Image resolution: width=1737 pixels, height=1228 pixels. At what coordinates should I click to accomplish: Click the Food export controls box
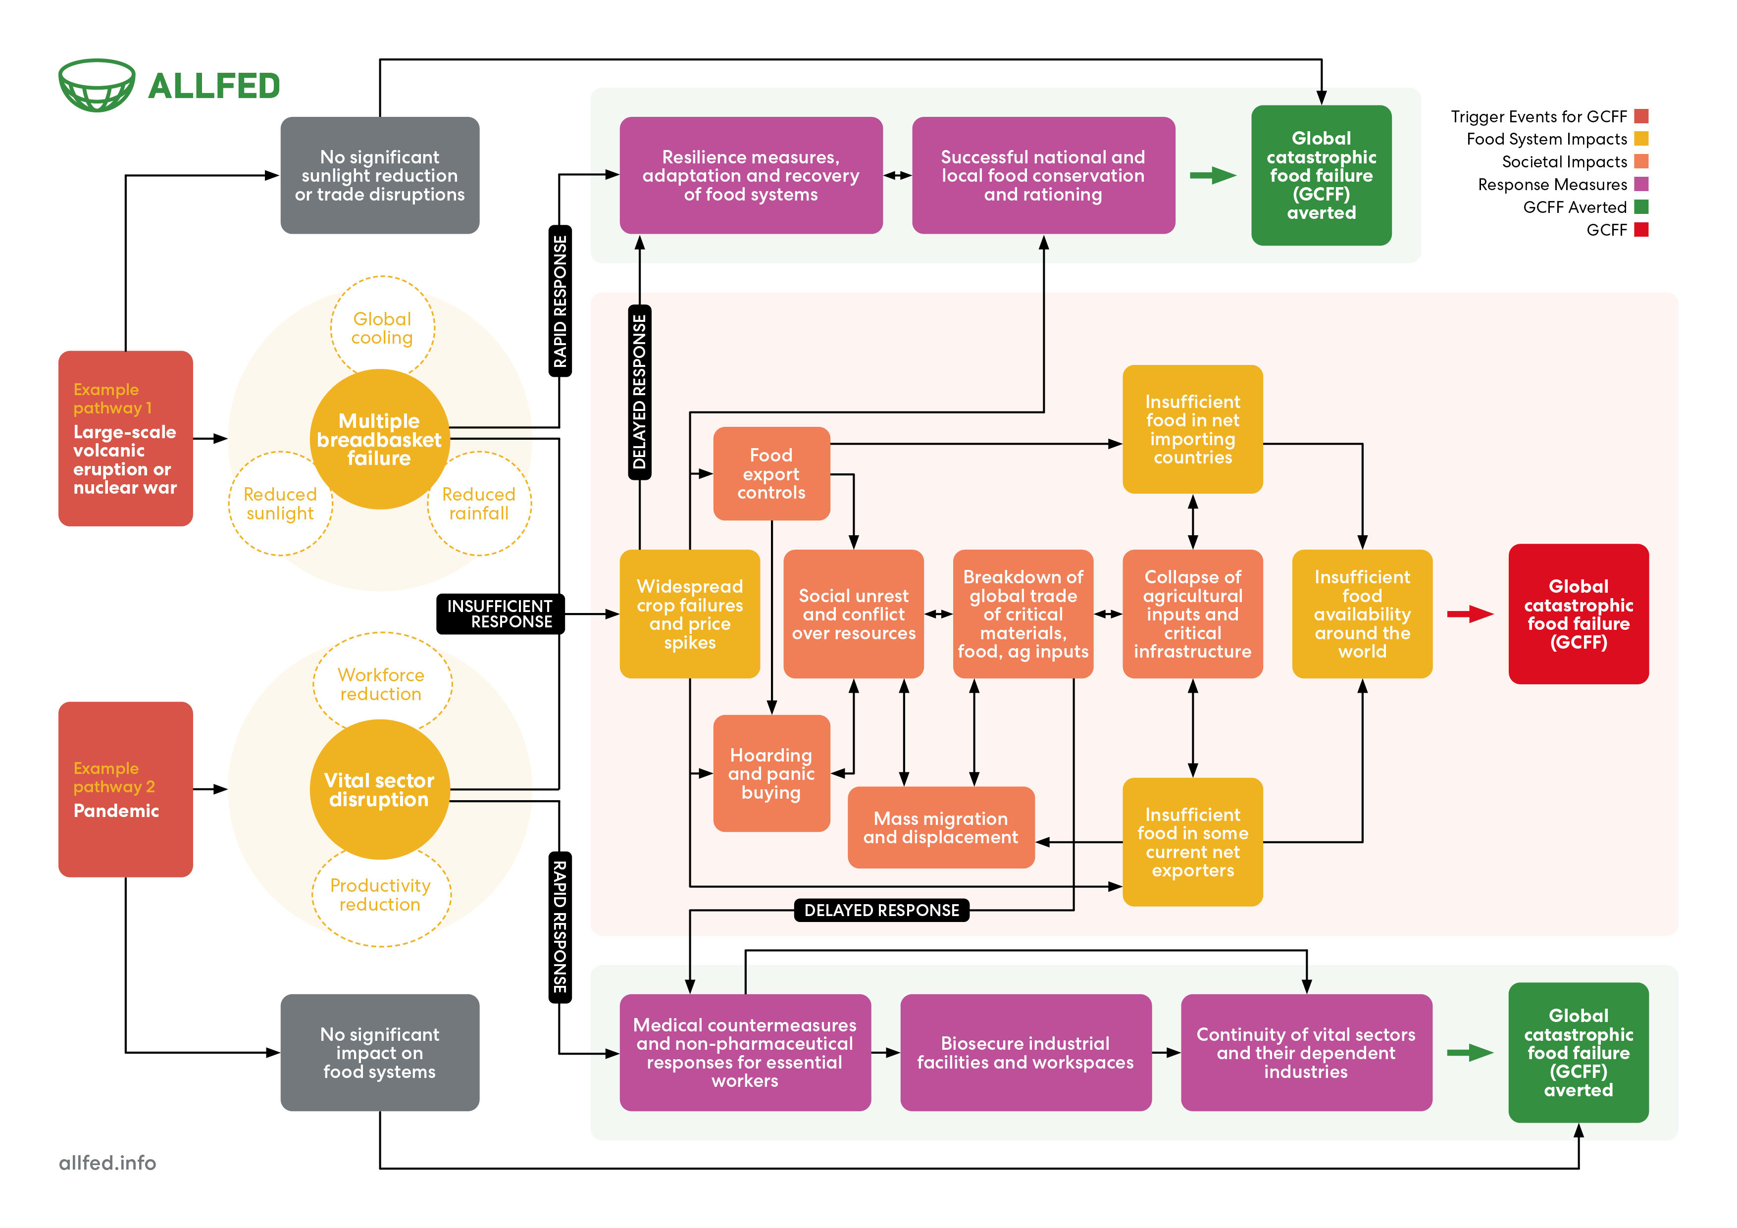click(771, 474)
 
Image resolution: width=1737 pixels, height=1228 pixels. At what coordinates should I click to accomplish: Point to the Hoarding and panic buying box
click(771, 773)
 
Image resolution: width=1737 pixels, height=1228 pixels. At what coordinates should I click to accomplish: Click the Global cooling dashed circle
click(382, 328)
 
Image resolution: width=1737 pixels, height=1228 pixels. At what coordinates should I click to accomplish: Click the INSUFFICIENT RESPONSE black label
click(500, 614)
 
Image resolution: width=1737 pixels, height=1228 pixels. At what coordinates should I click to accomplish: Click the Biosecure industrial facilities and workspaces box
click(1025, 1052)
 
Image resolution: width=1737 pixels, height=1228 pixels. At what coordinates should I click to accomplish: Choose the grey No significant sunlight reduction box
click(380, 176)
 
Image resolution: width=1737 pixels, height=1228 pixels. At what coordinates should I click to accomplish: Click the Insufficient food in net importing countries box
click(1192, 429)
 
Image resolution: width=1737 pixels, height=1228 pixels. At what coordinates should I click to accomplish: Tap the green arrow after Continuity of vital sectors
click(1469, 1052)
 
